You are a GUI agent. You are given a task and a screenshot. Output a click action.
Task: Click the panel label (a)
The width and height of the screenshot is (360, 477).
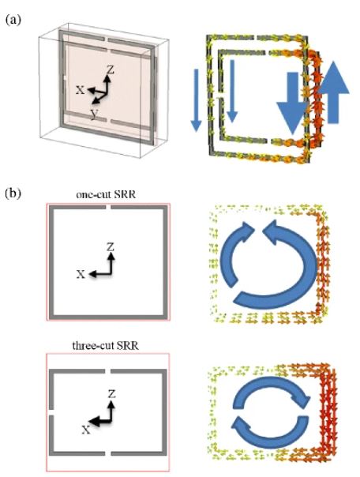13,20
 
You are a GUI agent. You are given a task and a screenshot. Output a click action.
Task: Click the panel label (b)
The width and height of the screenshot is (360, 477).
13,193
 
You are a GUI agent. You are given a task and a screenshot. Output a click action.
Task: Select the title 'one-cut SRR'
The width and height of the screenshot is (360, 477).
106,194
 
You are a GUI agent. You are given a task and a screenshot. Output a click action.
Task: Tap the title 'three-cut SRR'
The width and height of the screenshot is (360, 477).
106,346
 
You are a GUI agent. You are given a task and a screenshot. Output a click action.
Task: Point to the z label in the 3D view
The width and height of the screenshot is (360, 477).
110,70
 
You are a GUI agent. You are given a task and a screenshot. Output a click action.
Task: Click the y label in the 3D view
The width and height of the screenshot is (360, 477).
95,114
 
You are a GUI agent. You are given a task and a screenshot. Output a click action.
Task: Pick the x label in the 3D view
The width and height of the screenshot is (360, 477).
81,90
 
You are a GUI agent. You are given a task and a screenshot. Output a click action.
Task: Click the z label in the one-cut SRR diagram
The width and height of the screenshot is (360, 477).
111,247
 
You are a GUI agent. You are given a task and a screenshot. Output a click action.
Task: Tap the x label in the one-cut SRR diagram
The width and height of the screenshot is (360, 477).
81,274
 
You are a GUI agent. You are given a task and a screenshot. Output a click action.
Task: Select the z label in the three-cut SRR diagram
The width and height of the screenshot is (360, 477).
111,394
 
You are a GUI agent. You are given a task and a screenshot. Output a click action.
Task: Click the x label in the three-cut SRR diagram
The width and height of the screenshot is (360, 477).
87,430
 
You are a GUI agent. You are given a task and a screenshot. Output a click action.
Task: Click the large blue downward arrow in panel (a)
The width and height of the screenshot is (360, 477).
292,103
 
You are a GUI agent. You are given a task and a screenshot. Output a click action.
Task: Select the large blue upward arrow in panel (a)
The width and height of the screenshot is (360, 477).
333,92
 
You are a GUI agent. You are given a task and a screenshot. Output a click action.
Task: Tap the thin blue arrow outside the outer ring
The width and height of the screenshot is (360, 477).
196,100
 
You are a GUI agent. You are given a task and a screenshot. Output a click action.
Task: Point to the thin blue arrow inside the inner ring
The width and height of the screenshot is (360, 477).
232,91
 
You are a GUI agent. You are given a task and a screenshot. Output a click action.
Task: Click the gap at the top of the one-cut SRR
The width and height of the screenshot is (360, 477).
108,208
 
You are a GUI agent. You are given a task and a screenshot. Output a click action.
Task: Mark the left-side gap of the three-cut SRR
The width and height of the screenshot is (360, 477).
51,412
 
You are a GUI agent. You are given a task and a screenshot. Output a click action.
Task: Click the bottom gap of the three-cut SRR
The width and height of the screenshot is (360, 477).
108,453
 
